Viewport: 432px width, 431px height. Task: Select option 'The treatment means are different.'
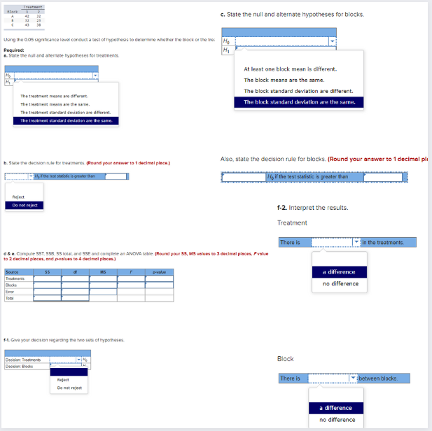point(54,96)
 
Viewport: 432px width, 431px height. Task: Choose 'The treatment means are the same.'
point(54,104)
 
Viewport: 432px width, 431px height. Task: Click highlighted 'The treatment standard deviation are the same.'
point(66,120)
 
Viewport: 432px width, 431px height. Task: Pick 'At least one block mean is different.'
point(290,69)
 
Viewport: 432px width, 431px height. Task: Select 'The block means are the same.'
point(284,80)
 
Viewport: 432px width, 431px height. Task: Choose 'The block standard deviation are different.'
point(298,91)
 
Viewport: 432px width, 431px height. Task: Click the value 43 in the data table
point(27,25)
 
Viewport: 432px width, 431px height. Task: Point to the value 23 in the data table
point(39,20)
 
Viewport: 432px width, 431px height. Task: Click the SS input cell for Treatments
point(47,278)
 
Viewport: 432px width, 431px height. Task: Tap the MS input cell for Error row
point(102,291)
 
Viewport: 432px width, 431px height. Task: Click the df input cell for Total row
point(74,298)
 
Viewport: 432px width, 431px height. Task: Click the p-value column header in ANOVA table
point(159,271)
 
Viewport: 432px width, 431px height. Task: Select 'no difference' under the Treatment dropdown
point(340,283)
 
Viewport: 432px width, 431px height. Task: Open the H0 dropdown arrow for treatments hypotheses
point(95,75)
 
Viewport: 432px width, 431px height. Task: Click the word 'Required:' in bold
point(15,50)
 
